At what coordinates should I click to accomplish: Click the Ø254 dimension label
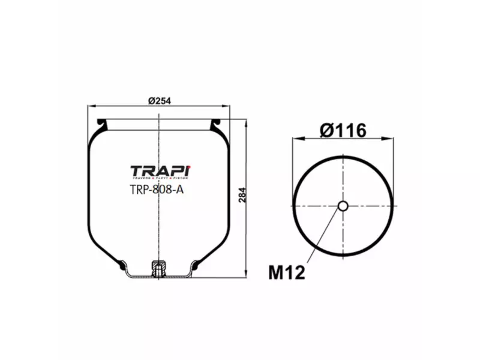pyautogui.click(x=159, y=101)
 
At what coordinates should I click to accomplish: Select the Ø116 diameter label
pyautogui.click(x=343, y=130)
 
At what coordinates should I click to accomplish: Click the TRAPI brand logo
pyautogui.click(x=160, y=171)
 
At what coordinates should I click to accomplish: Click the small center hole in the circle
pyautogui.click(x=343, y=206)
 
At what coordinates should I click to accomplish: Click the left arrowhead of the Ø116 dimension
pyautogui.click(x=296, y=139)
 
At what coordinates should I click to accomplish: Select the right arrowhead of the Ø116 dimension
pyautogui.click(x=390, y=139)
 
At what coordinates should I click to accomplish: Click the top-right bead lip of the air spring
pyautogui.click(x=217, y=124)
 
